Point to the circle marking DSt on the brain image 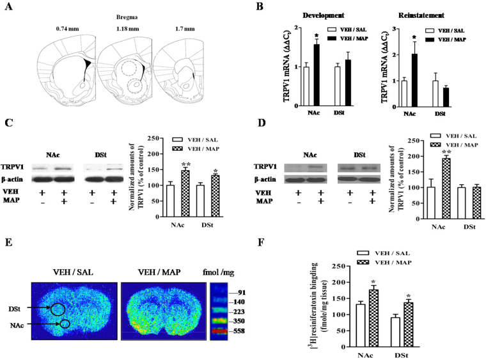[57, 309]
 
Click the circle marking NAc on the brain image [65, 324]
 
